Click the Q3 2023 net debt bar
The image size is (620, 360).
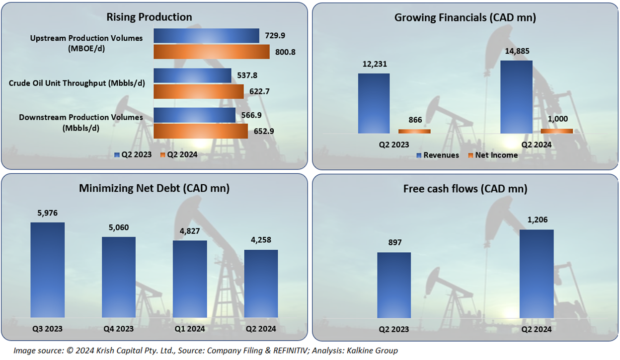pos(48,270)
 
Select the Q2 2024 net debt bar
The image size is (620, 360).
pos(261,283)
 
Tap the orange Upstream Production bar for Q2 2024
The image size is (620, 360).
pos(211,52)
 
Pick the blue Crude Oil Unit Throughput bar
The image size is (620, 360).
pos(192,75)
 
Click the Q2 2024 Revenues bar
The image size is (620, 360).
pos(516,97)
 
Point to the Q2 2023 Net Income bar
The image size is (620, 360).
pos(414,131)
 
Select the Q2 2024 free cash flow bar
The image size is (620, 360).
pos(537,273)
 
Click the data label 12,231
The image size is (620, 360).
pos(374,64)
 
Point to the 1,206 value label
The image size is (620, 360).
pos(537,220)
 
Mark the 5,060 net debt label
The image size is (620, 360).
pos(118,228)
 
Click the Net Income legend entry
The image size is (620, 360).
pos(492,155)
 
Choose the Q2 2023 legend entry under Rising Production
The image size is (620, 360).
pos(133,154)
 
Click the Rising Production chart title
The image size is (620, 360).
pos(149,17)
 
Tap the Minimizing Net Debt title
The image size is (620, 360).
pos(154,189)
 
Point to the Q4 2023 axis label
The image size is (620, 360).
pos(118,328)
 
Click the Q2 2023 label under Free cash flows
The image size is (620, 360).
pos(393,329)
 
